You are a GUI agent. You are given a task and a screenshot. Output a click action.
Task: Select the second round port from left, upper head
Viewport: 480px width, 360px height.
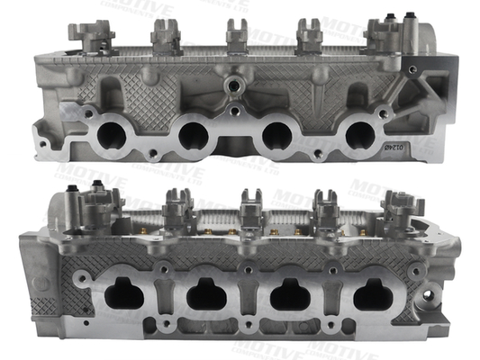pos(194,136)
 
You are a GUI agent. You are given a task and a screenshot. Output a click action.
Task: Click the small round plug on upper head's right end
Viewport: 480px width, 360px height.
pos(412,68)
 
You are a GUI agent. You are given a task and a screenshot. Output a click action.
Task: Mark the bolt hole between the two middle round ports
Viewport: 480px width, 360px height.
pos(233,112)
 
